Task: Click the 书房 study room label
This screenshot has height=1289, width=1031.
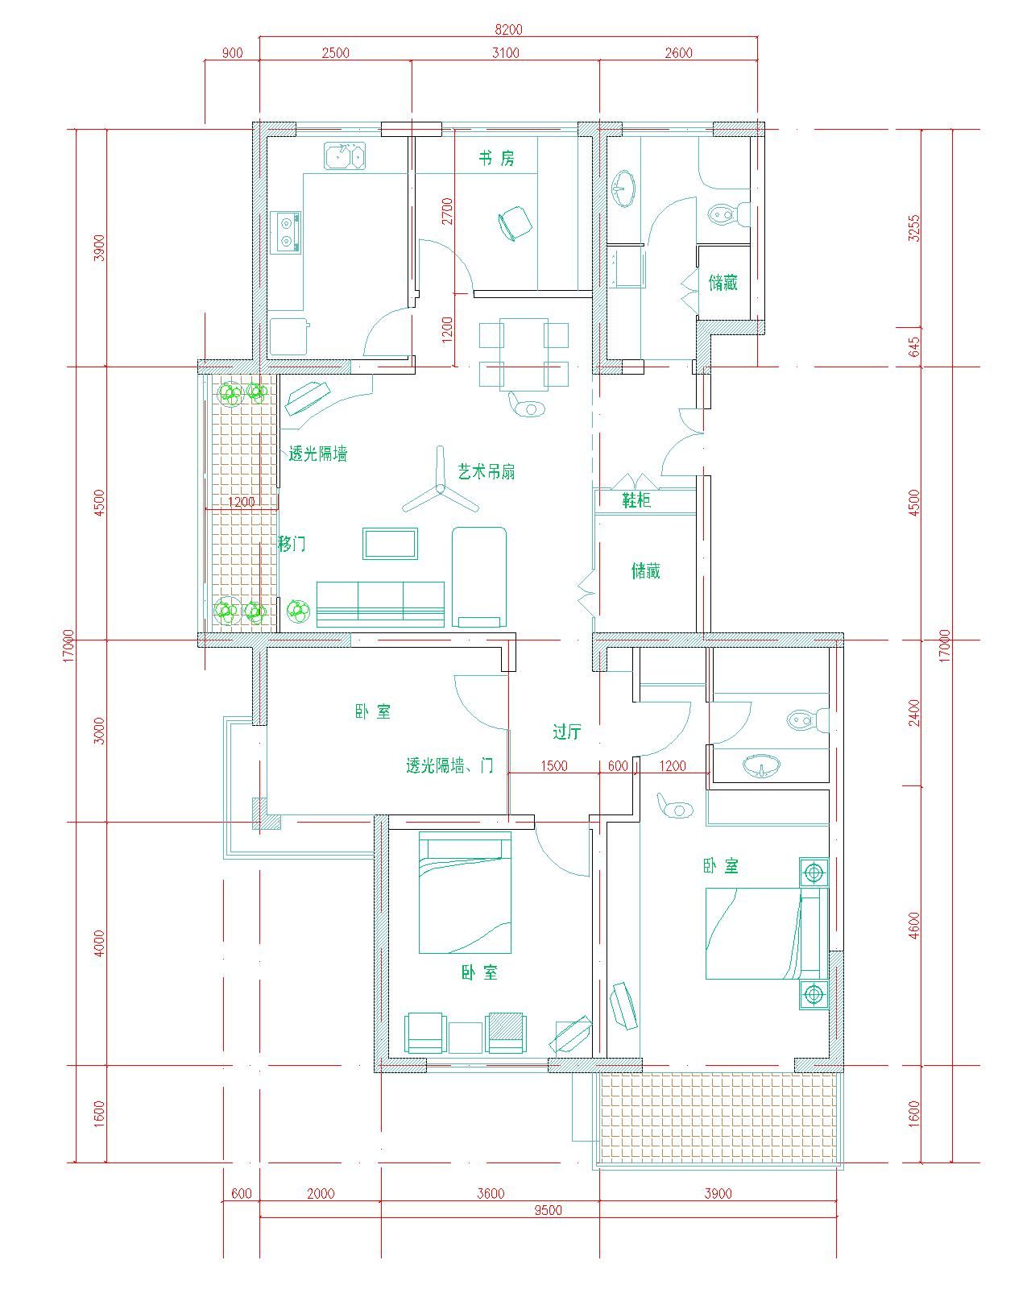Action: pyautogui.click(x=496, y=158)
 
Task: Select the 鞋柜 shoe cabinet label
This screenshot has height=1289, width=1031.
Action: pyautogui.click(x=636, y=500)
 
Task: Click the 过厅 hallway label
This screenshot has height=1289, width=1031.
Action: pyautogui.click(x=567, y=732)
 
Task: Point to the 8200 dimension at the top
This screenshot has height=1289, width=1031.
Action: pyautogui.click(x=508, y=29)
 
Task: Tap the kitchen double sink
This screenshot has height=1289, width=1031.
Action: pyautogui.click(x=345, y=156)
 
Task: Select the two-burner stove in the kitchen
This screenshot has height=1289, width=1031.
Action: pyautogui.click(x=287, y=232)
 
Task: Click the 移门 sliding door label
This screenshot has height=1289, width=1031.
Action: pyautogui.click(x=292, y=544)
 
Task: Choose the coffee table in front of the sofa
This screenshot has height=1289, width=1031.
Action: pyautogui.click(x=390, y=543)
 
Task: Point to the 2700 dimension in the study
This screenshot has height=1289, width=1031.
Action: pyautogui.click(x=447, y=211)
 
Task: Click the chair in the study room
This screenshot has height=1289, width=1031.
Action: pyautogui.click(x=515, y=223)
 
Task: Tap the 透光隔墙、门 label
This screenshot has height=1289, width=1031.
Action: pyautogui.click(x=449, y=765)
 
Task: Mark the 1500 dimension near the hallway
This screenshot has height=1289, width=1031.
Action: pyautogui.click(x=553, y=765)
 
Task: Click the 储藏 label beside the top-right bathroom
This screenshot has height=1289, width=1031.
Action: pyautogui.click(x=723, y=282)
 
